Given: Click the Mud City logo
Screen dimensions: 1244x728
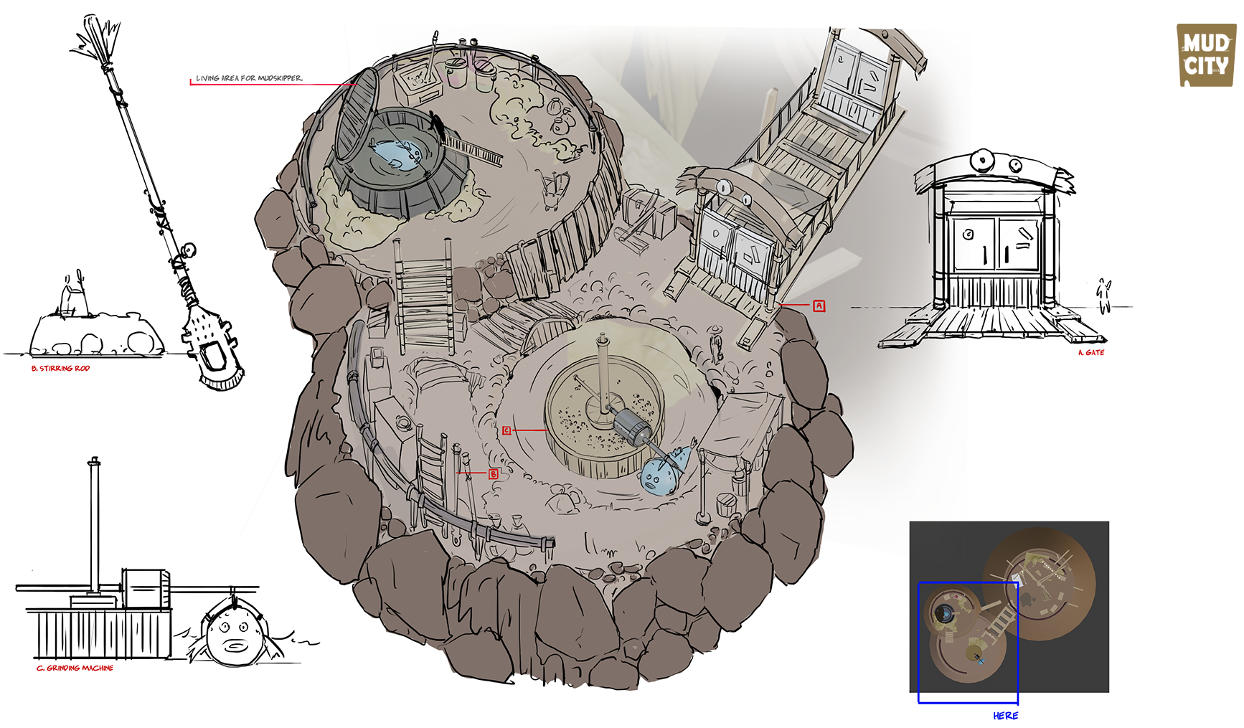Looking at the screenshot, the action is (x=1207, y=55).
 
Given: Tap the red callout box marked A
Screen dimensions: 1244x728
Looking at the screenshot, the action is (x=819, y=306).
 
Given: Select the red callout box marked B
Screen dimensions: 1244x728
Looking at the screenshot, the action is (x=494, y=474).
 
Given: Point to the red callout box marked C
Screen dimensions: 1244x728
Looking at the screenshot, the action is (x=506, y=430).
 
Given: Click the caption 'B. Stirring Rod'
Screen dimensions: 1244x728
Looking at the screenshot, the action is (x=60, y=369).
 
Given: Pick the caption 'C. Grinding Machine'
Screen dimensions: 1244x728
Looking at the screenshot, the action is (x=75, y=668).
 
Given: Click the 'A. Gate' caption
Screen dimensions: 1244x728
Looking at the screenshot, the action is (x=1091, y=353).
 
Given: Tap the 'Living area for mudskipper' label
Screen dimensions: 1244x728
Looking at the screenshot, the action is (x=249, y=78).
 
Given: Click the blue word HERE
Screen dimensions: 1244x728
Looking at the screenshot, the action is (x=1006, y=716).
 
